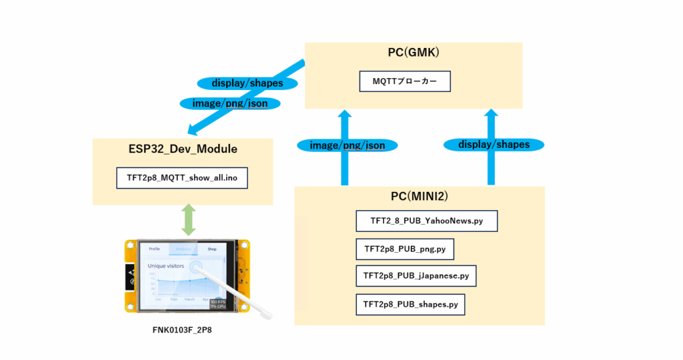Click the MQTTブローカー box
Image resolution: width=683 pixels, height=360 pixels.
point(405,81)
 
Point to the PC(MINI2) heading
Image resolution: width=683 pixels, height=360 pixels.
point(419,197)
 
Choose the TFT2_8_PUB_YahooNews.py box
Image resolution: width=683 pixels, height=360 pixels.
point(427,221)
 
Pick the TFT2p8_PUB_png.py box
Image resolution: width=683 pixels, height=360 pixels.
point(405,249)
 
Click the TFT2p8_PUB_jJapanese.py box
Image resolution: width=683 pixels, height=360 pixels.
point(416,275)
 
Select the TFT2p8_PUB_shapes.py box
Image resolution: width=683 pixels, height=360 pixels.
point(410,304)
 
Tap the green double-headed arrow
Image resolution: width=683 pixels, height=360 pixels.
point(189,219)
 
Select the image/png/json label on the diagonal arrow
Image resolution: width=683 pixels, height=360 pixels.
point(229,103)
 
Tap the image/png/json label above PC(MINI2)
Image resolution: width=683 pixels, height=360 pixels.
point(347,145)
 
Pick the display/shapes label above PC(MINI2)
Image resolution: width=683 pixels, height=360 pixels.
point(494,144)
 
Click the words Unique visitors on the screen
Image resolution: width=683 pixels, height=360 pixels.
point(166,265)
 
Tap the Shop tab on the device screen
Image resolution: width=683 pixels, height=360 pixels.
point(212,249)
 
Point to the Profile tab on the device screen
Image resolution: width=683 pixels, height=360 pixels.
point(154,249)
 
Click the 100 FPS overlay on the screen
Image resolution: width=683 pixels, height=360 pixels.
point(216,302)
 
